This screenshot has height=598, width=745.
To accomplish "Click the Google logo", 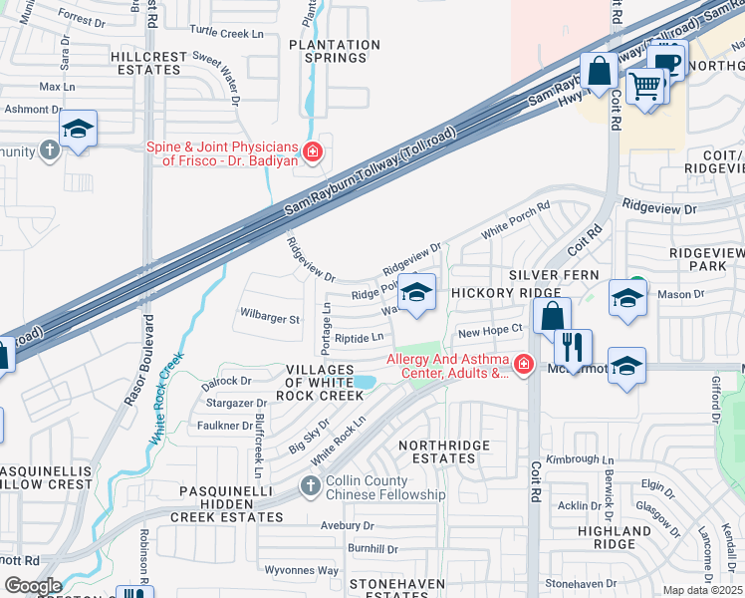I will click(x=32, y=586).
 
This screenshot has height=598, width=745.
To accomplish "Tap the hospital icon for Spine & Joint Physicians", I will click(x=313, y=152).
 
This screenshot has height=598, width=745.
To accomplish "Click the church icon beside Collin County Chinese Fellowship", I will click(x=310, y=486).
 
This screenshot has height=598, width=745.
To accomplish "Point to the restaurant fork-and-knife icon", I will click(x=572, y=347).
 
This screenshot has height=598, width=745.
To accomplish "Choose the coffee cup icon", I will click(x=668, y=63).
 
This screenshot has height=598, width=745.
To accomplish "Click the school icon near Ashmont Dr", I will click(x=77, y=129).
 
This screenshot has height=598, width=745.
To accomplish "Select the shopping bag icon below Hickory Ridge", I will click(x=551, y=316).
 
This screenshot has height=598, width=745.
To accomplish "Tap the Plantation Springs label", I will click(x=328, y=51).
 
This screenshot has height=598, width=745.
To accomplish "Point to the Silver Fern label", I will click(x=554, y=274).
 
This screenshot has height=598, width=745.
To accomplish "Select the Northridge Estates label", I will click(x=437, y=451).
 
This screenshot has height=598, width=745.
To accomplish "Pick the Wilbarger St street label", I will click(x=270, y=319).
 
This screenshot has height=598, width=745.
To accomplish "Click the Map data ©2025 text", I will click(x=702, y=590).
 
